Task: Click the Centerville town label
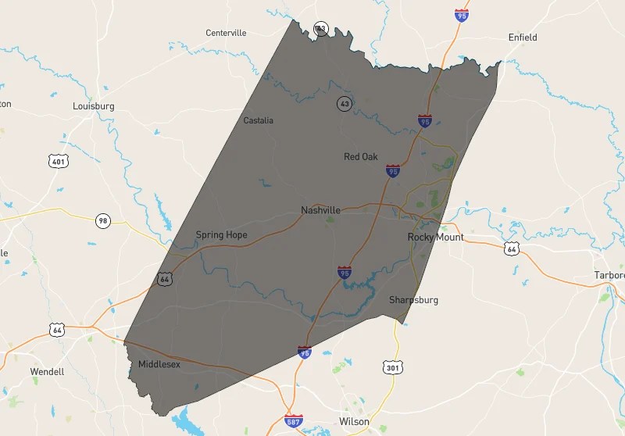226,33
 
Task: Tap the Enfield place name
523,37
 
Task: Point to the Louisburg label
94,105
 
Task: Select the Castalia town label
259,120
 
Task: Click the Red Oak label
361,157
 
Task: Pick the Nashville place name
320,210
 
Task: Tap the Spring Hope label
221,234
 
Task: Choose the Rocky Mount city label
435,237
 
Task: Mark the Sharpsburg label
413,300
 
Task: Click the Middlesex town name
159,364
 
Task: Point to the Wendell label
47,372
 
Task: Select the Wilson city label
354,421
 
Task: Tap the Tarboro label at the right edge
609,276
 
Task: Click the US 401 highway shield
57,162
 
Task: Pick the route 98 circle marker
103,220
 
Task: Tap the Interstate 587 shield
294,422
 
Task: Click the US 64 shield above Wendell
57,331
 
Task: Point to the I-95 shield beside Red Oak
393,170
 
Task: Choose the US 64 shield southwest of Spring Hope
164,278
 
